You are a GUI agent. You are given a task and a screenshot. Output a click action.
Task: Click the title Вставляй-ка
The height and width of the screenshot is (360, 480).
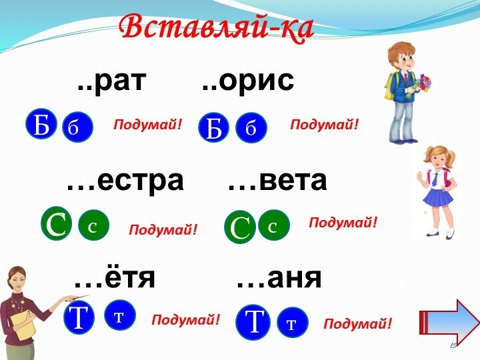(217, 27)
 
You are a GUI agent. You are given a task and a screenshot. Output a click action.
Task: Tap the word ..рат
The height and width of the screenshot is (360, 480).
(111, 82)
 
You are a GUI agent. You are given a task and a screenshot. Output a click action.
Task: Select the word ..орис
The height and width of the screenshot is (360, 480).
(248, 82)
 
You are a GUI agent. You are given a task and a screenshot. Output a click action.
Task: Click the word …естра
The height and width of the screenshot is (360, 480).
(125, 181)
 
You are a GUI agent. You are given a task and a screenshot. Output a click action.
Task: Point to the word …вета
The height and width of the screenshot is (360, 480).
(277, 181)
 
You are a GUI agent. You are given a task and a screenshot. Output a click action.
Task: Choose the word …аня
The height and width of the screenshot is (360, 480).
(279, 278)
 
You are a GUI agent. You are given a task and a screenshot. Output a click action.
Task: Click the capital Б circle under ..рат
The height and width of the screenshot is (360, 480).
(41, 124)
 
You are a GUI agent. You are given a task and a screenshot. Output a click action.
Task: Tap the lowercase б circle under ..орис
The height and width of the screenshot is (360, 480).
(251, 127)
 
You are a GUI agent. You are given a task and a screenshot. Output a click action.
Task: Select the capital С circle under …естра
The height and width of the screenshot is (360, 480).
(56, 223)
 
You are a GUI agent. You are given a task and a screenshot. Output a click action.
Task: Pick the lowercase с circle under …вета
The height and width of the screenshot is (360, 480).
(274, 225)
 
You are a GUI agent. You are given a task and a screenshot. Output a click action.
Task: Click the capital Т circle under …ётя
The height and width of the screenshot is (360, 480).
(79, 317)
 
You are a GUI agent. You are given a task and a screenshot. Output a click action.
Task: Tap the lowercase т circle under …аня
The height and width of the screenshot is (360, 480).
(293, 322)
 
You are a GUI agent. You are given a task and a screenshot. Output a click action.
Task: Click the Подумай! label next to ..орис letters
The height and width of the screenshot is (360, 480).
(324, 125)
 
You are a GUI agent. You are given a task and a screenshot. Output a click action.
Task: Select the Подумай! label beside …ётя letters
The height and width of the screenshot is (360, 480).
(185, 319)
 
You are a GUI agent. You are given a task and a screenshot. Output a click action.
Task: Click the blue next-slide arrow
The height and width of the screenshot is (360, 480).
(449, 322)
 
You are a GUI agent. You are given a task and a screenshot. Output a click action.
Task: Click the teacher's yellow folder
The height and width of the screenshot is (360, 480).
(24, 325)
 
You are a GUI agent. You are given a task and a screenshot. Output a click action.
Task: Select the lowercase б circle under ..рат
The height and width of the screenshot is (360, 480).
(77, 127)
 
